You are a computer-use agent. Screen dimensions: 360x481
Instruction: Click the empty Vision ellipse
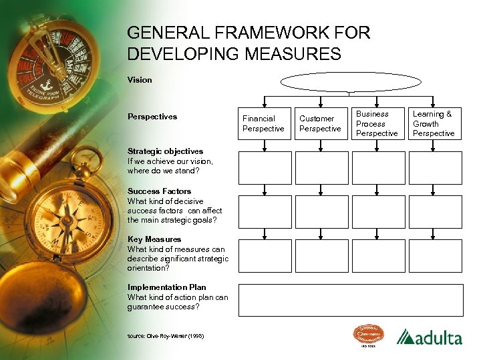[x=351, y=82]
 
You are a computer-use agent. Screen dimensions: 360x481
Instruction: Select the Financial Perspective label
[x=263, y=123]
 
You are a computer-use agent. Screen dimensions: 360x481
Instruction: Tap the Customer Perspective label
[x=320, y=123]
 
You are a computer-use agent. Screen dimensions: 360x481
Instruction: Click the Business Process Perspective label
[x=377, y=123]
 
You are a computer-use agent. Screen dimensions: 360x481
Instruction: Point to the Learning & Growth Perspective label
[x=433, y=123]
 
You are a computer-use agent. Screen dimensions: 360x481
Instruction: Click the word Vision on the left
[x=140, y=80]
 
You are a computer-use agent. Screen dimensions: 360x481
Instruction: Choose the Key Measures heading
[x=154, y=239]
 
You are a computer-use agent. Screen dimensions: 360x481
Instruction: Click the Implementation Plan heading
[x=166, y=287]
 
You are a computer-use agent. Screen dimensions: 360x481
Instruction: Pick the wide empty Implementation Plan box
[x=351, y=300]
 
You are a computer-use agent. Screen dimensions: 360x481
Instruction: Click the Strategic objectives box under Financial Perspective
[x=265, y=168]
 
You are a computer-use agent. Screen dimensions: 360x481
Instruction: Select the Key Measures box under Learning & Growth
[x=435, y=256]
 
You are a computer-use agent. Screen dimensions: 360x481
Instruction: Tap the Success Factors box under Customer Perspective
[x=321, y=212]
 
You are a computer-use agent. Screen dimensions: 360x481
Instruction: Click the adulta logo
[x=429, y=337]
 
